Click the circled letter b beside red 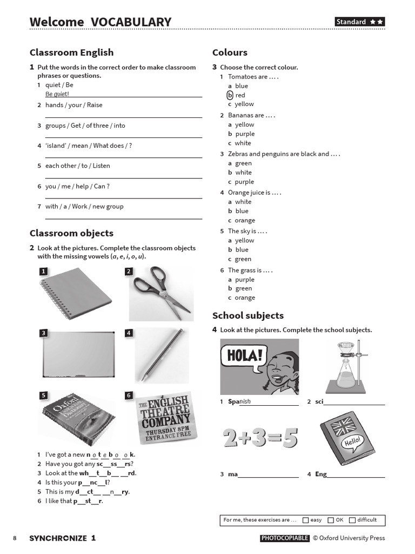tap(230, 95)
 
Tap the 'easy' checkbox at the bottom tap(306, 520)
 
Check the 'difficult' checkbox tap(352, 520)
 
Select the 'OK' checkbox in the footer tap(331, 520)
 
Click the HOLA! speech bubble tap(244, 358)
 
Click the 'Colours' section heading tap(230, 52)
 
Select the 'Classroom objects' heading tap(71, 233)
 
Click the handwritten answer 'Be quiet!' tap(57, 94)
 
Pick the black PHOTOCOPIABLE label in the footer tap(285, 538)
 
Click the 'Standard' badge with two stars tap(359, 22)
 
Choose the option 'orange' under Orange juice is tap(245, 220)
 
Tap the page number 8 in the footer tap(15, 538)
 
